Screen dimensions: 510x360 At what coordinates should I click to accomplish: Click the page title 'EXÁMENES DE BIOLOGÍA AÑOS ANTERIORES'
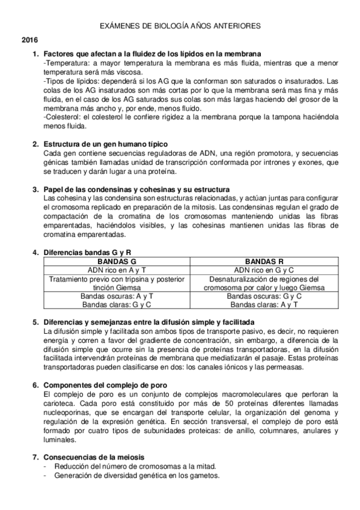coord(180,26)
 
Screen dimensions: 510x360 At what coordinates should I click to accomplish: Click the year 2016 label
coord(29,40)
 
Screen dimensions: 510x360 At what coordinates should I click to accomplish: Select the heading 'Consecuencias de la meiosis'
coord(94,457)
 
